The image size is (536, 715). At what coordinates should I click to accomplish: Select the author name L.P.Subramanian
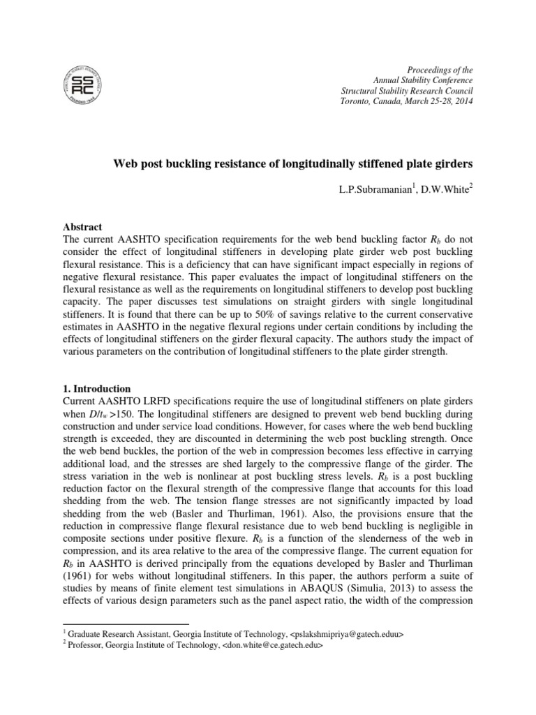click(x=377, y=191)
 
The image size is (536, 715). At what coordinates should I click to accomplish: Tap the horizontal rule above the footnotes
click(x=126, y=623)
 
